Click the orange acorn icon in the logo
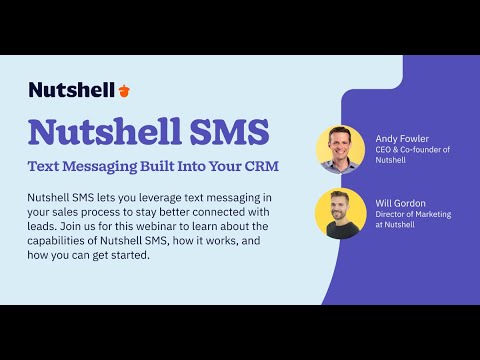(124, 90)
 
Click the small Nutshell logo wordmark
(71, 90)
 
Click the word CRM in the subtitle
(257, 164)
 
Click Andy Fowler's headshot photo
(340, 150)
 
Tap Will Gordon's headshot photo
(340, 213)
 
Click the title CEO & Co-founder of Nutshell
(413, 156)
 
